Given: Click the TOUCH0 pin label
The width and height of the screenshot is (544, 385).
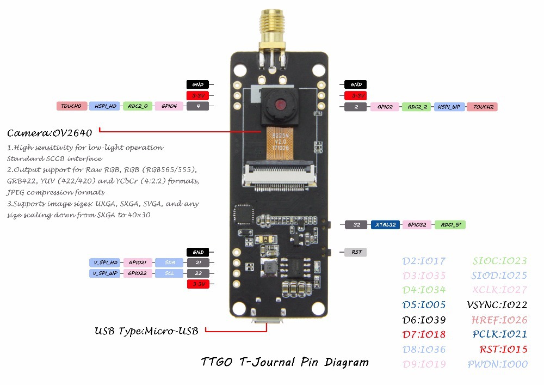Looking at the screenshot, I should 71,106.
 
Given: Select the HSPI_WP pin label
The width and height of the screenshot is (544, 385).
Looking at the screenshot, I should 449,107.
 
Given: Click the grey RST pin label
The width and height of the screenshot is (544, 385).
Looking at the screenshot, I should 356,252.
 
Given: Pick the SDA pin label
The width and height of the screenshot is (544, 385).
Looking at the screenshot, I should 169,262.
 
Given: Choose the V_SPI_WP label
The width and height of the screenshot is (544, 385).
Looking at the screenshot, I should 104,273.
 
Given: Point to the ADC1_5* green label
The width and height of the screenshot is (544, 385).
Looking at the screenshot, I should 451,224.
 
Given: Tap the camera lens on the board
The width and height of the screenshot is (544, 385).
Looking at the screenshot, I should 280,104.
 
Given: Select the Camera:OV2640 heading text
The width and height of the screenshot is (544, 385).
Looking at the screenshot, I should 50,132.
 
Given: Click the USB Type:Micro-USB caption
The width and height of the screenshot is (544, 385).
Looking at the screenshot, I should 146,331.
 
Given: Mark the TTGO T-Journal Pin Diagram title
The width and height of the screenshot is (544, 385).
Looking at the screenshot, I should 285,362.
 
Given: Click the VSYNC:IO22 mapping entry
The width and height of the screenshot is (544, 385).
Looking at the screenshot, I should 497,305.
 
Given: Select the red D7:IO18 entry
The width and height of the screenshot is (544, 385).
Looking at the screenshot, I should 424,334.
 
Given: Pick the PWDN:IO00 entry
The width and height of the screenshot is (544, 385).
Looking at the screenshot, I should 497,364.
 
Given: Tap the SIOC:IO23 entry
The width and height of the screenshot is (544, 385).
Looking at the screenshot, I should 499,261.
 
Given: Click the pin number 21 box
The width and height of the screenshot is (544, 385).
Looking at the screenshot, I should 198,262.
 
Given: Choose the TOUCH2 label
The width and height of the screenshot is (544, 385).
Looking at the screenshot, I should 482,107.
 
